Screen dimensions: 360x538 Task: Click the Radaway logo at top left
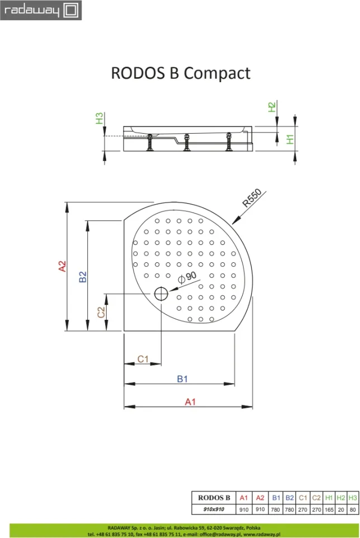pos(41,10)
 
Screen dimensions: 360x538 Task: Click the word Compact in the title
pos(217,74)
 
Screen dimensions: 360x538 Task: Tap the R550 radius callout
pos(252,198)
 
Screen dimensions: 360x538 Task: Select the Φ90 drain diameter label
pos(187,277)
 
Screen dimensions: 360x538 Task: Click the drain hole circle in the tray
pos(161,294)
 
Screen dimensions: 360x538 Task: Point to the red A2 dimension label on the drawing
pos(62,266)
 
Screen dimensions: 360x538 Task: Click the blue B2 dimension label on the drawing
pos(83,276)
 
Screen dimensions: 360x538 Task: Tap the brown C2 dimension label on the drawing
pos(101,312)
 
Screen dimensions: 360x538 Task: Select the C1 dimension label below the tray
pos(143,359)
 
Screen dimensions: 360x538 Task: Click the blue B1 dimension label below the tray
pos(182,379)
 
